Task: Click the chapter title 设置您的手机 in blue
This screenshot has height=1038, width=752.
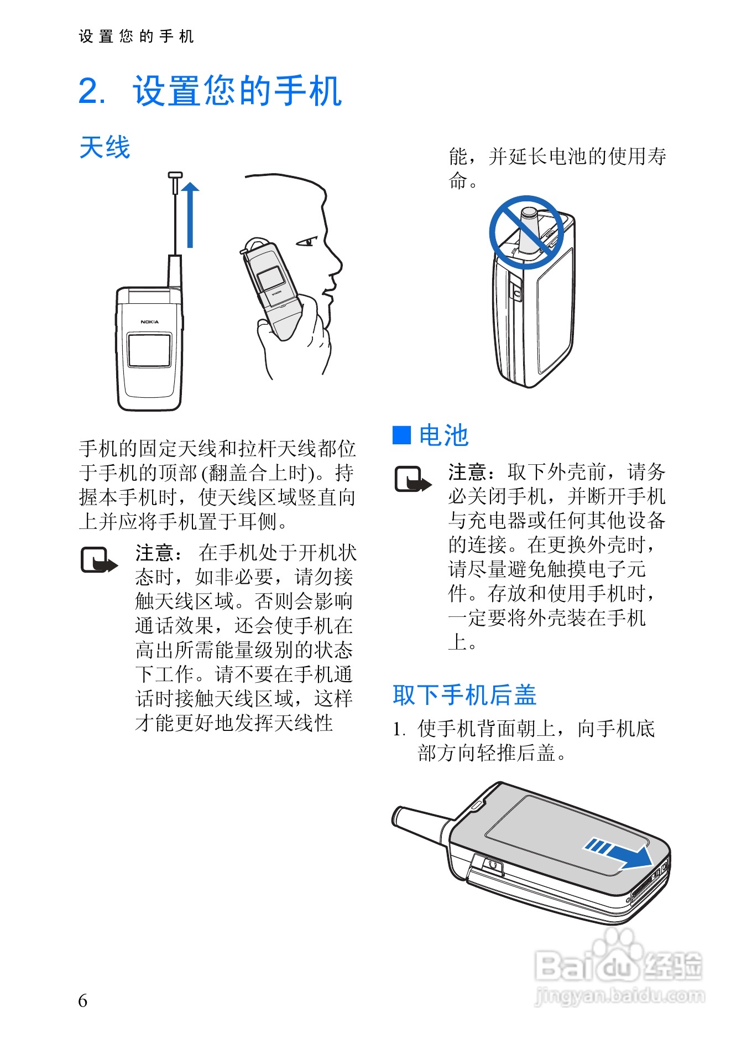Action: (237, 91)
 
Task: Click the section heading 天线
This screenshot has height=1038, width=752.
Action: (105, 148)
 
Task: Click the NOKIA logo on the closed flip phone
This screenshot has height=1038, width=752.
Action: (149, 321)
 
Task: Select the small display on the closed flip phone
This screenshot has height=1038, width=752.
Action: (149, 350)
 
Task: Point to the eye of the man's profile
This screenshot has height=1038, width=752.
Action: (306, 242)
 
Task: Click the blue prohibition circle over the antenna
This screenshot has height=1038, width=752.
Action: (526, 232)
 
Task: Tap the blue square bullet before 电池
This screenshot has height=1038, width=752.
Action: (401, 435)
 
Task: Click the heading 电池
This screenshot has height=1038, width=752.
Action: (443, 435)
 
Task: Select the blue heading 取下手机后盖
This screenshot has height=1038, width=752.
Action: (464, 695)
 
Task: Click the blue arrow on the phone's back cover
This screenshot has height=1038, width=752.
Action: (620, 853)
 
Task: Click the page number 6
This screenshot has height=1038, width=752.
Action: (83, 1000)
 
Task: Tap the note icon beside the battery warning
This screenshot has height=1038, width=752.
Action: (412, 480)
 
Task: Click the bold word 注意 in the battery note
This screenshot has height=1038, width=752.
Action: (468, 472)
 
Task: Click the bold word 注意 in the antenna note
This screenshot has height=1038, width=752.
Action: (155, 553)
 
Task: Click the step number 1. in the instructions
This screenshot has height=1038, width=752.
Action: (400, 729)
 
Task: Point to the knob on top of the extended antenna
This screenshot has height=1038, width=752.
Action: (175, 176)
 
